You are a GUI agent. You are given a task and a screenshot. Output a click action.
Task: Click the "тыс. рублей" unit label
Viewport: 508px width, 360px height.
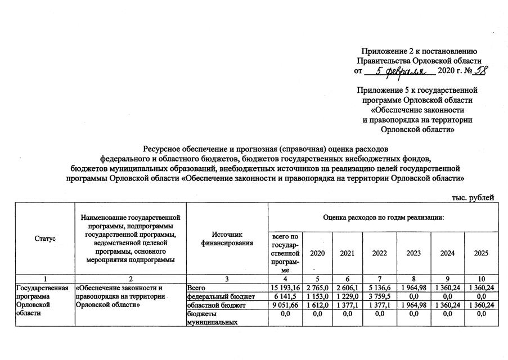pyautogui.click(x=473, y=197)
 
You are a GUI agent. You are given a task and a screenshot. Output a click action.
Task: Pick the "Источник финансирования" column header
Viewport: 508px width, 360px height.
pyautogui.click(x=227, y=238)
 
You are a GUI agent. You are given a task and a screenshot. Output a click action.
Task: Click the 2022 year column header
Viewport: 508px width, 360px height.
pyautogui.click(x=379, y=253)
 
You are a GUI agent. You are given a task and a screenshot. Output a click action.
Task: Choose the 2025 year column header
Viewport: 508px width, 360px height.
pyautogui.click(x=481, y=253)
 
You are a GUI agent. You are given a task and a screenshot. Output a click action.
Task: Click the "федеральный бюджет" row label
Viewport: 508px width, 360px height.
pyautogui.click(x=212, y=296)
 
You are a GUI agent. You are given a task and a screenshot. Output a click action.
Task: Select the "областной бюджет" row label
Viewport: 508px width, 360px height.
pyautogui.click(x=210, y=305)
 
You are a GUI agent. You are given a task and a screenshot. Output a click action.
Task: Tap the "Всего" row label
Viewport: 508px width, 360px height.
pyautogui.click(x=197, y=289)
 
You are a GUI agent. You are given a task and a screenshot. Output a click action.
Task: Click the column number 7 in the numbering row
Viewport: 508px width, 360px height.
pyautogui.click(x=380, y=280)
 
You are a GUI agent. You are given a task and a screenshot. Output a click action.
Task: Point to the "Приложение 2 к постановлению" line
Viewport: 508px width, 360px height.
pyautogui.click(x=420, y=51)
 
